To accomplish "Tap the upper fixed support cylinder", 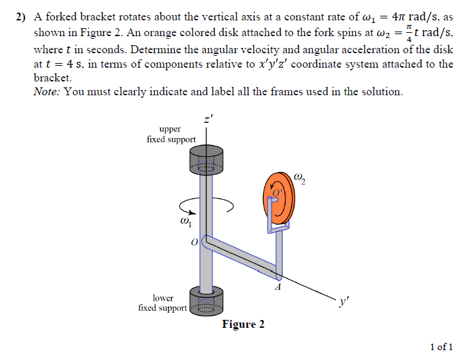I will pyautogui.click(x=206, y=161).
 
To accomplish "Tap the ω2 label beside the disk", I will pyautogui.click(x=300, y=178).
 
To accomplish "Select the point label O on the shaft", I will pyautogui.click(x=194, y=243).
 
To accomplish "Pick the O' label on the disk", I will pyautogui.click(x=277, y=192).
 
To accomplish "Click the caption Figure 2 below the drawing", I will pyautogui.click(x=243, y=325).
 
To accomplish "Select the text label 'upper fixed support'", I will pyautogui.click(x=171, y=134).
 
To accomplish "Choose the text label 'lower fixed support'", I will pyautogui.click(x=163, y=303).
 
